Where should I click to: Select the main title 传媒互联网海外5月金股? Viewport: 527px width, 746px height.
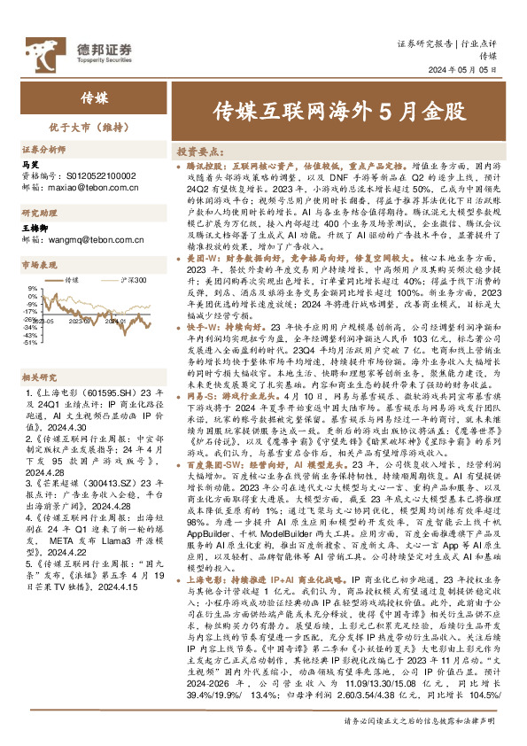tap(339, 113)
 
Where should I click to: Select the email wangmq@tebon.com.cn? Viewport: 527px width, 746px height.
tap(89, 239)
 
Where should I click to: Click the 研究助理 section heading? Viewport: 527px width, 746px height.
tap(39, 214)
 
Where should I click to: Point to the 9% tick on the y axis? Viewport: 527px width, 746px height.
tap(32, 289)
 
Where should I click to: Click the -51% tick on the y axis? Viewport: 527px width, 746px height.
tap(30, 344)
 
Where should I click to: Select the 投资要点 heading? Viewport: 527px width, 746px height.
tap(198, 152)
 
